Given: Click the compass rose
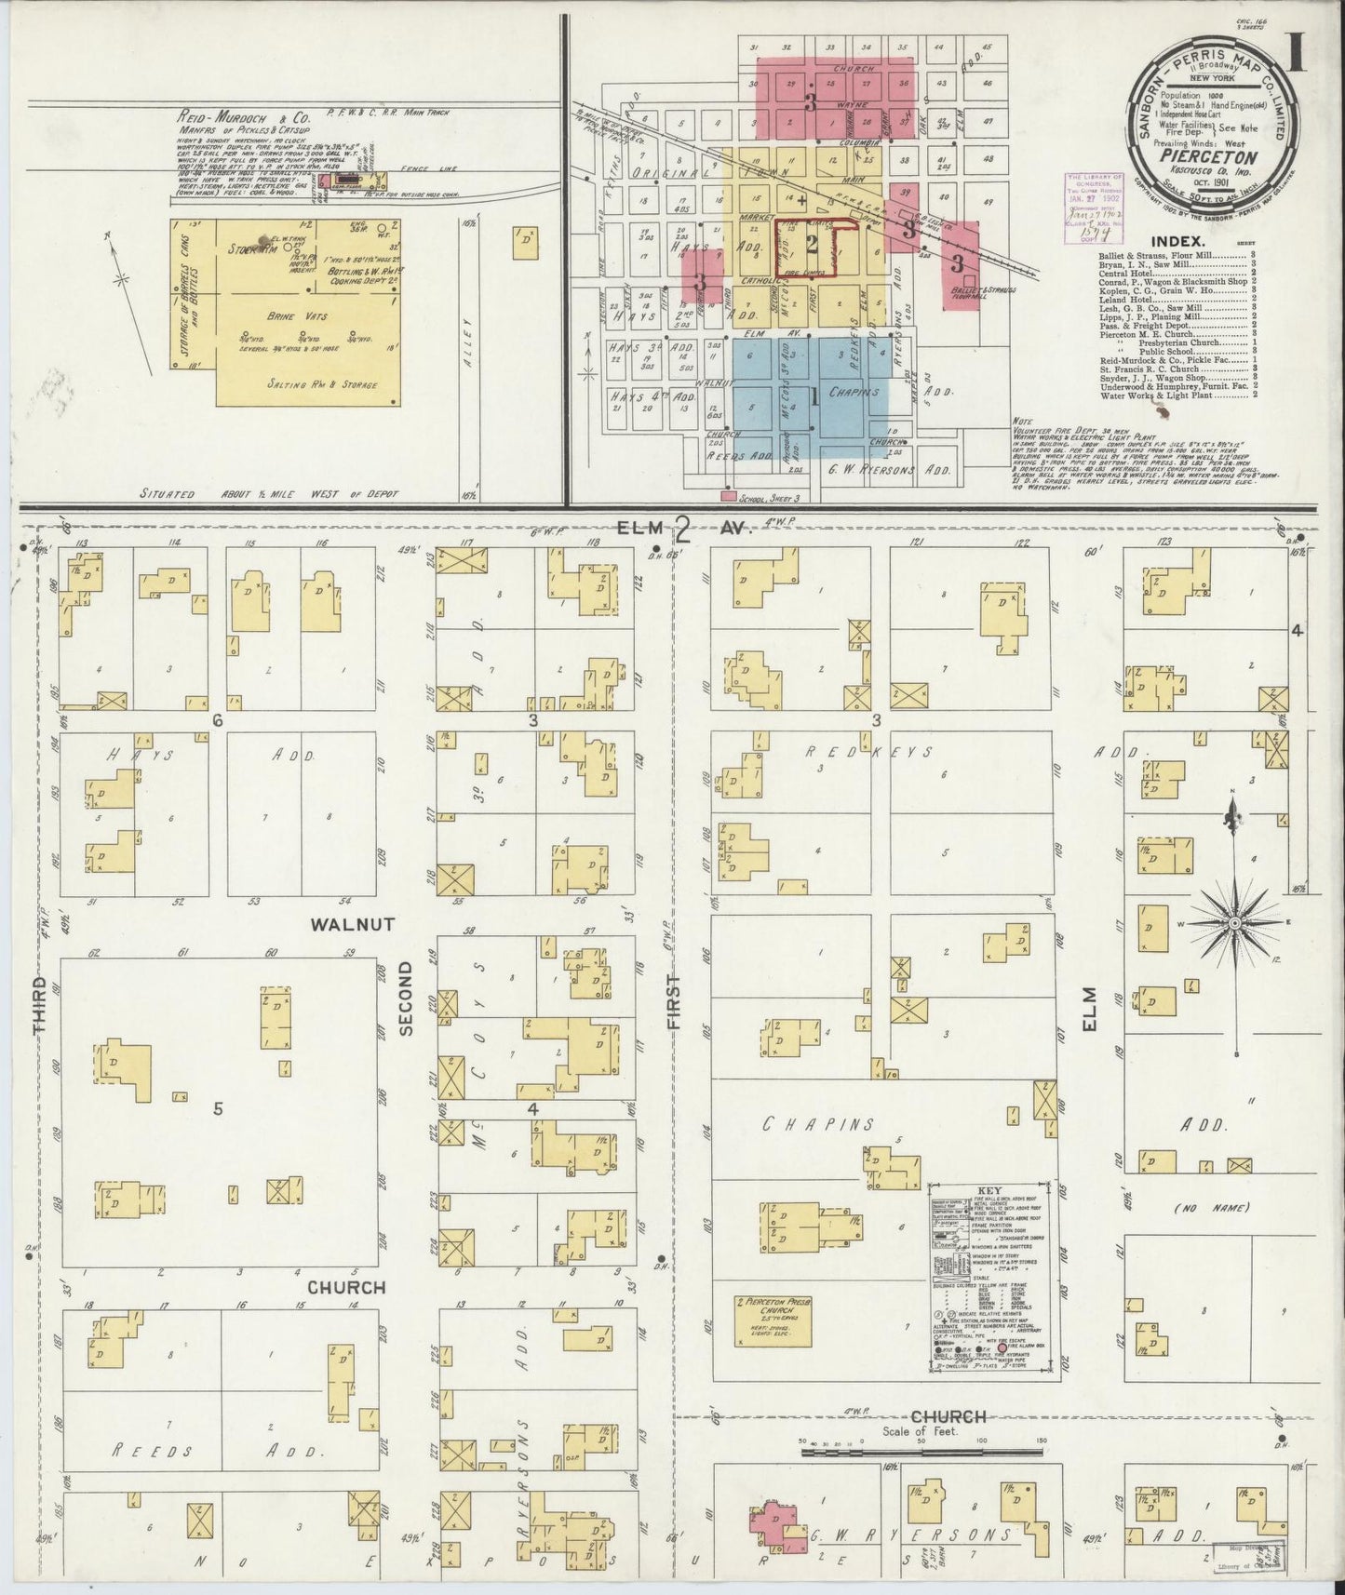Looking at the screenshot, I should (x=1234, y=922).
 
